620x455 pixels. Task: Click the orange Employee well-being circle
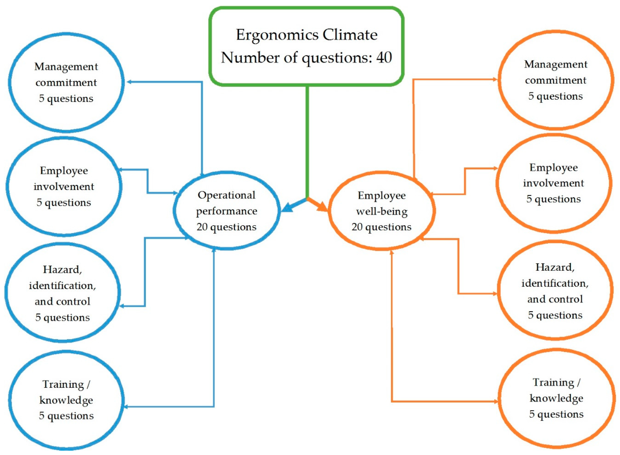pyautogui.click(x=381, y=211)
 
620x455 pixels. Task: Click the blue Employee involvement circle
pyautogui.click(x=64, y=186)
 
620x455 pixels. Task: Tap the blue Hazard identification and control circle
pyautogui.click(x=62, y=293)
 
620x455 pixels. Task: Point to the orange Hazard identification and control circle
pyautogui.click(x=555, y=291)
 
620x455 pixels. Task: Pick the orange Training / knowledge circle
pyautogui.click(x=556, y=398)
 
